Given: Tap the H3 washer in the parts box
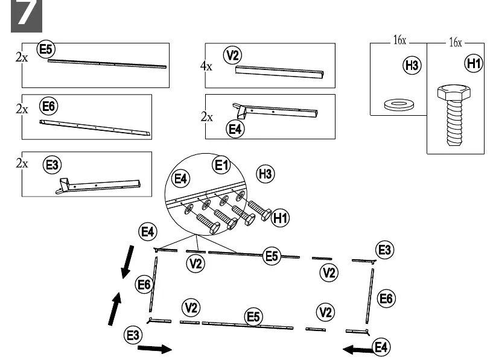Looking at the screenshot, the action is (399, 104).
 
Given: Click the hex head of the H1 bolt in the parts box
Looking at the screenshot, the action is (454, 92).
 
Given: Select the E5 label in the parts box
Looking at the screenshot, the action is (46, 49).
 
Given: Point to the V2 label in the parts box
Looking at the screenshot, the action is (232, 55).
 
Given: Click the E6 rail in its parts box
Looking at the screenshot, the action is (95, 128).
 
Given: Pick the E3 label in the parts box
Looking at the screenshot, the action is (52, 165).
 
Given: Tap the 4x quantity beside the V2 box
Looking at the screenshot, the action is (206, 66).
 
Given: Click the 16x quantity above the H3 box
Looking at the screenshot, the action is (399, 40).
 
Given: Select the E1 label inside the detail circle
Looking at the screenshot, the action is (221, 165).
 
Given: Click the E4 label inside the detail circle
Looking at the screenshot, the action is (180, 178).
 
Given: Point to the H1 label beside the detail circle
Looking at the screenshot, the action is (280, 218).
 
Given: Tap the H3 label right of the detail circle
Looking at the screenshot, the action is (266, 174).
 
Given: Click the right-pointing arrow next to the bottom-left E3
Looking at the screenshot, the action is (154, 349).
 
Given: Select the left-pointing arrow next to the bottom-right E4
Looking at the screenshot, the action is (358, 349).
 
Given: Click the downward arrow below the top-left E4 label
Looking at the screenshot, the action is (127, 262).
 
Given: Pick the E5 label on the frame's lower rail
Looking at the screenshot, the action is (253, 317).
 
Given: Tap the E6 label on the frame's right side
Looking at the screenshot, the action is (386, 298).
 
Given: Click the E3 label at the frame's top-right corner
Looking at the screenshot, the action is (385, 250).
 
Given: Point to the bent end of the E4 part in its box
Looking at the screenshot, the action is (239, 111).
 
